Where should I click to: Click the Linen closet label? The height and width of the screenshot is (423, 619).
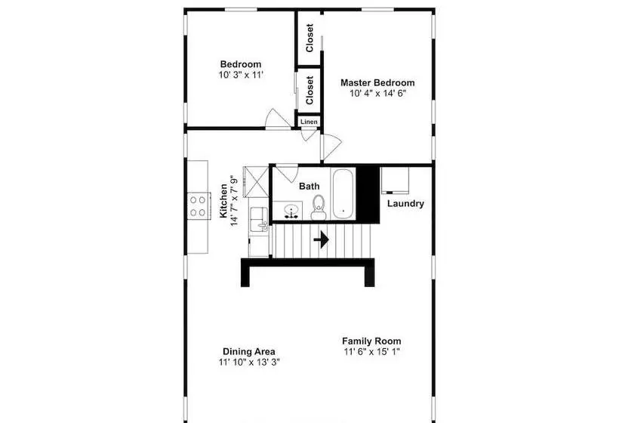point(309,122)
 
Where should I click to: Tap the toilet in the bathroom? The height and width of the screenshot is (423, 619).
point(319,208)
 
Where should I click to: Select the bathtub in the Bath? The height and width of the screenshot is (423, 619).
point(343,193)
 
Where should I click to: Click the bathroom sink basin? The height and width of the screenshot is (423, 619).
point(291,211)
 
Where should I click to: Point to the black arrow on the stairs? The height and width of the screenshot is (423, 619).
point(321,239)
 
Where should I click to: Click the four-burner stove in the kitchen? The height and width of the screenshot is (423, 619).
point(199,205)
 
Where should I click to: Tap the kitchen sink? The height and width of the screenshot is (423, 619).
point(259,220)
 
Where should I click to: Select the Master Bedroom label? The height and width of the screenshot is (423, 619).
point(377,82)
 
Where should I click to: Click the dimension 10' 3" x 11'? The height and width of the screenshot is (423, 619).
point(241,75)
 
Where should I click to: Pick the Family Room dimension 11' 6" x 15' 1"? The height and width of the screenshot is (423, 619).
point(372,351)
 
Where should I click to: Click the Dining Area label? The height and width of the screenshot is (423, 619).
point(249,351)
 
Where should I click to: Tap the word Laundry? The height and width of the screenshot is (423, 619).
point(405,203)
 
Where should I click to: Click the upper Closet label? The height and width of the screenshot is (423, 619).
point(309,38)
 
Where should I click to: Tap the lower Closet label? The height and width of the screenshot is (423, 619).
point(309,90)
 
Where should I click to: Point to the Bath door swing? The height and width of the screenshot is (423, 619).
point(288,172)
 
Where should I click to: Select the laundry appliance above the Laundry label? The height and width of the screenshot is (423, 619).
point(395,181)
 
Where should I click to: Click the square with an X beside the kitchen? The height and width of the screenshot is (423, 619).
point(256,182)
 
